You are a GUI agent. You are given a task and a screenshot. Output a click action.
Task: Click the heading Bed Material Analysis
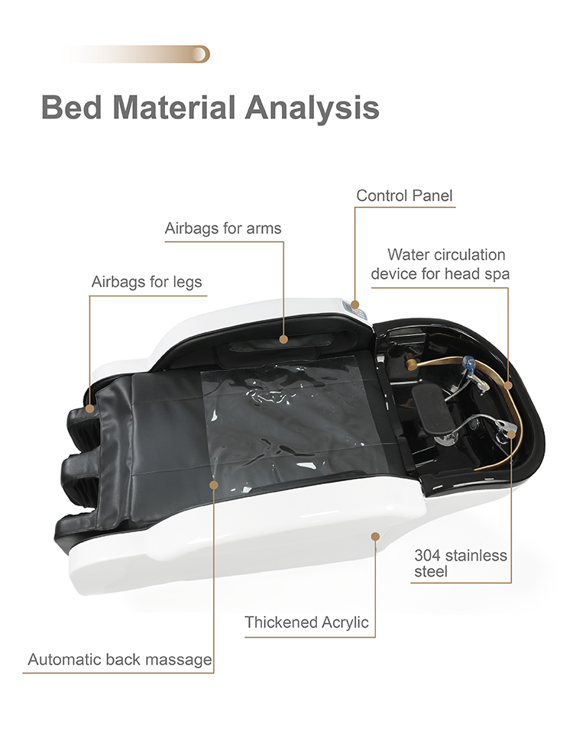(210, 108)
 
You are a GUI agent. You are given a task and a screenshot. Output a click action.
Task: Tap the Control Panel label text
(404, 195)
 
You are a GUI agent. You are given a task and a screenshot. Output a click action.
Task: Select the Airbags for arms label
(223, 228)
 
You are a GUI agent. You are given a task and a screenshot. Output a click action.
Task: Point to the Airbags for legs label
(147, 282)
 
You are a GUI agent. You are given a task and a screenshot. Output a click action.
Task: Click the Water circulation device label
(440, 263)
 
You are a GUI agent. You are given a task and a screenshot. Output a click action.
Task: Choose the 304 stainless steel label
(461, 563)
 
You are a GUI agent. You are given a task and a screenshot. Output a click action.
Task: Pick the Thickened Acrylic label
(306, 622)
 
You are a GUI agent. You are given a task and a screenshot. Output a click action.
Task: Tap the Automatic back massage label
(120, 659)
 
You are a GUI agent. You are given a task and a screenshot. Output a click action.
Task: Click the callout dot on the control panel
(355, 305)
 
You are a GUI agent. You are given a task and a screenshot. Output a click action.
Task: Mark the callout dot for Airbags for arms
(283, 339)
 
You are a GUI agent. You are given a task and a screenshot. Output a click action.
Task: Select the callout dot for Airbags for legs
(89, 409)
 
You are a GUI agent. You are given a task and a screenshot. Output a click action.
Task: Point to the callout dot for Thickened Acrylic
(375, 536)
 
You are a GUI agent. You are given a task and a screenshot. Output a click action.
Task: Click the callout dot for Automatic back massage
(214, 484)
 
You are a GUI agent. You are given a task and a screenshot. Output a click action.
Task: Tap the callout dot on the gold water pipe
(508, 385)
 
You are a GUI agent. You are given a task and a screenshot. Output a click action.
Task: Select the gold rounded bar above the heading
(137, 54)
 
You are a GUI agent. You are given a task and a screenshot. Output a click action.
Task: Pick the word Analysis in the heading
(312, 108)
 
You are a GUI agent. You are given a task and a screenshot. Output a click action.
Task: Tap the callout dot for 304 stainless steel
(511, 434)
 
